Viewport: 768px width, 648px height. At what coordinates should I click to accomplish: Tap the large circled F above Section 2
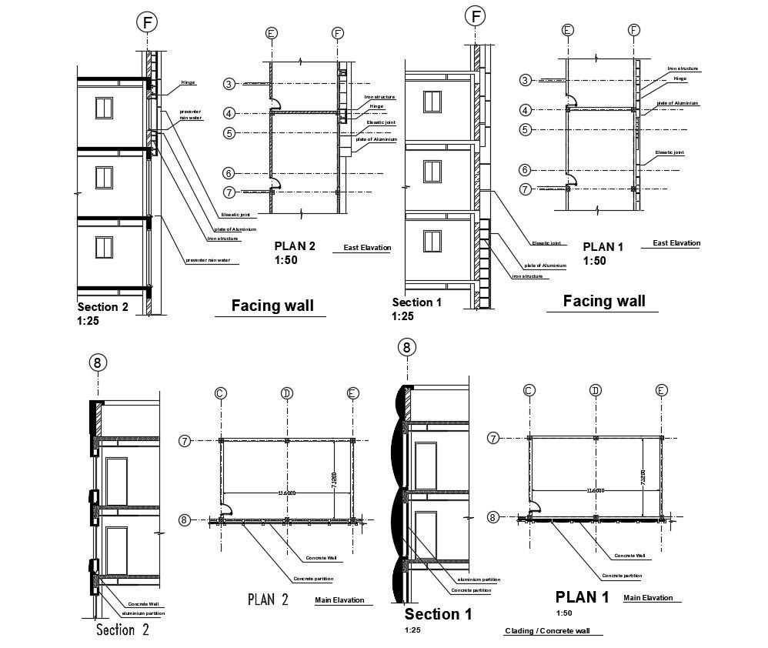point(147,22)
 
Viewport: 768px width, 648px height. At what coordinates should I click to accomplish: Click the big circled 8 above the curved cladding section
point(406,348)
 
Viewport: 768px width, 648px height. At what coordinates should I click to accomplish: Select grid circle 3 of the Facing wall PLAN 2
point(229,84)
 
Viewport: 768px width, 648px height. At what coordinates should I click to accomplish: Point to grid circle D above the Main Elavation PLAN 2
point(286,393)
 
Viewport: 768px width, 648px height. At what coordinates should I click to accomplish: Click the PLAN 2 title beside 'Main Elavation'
point(267,600)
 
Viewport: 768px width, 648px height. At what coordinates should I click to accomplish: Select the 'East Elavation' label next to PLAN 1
point(676,243)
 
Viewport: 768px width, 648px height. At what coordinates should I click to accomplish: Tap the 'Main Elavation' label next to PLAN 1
point(647,598)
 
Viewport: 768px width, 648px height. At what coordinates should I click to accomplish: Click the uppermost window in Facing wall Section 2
point(105,108)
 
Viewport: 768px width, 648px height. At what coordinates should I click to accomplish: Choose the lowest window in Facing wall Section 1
point(432,239)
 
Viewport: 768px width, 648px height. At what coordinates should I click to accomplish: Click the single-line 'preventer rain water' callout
point(208,260)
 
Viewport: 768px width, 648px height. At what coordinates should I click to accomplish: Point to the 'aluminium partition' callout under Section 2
point(144,613)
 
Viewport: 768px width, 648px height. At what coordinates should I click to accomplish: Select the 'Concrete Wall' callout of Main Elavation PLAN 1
point(629,555)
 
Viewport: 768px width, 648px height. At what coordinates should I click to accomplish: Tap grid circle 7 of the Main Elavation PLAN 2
point(185,440)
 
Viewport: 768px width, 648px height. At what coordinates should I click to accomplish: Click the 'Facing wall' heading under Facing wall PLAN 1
point(604,301)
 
